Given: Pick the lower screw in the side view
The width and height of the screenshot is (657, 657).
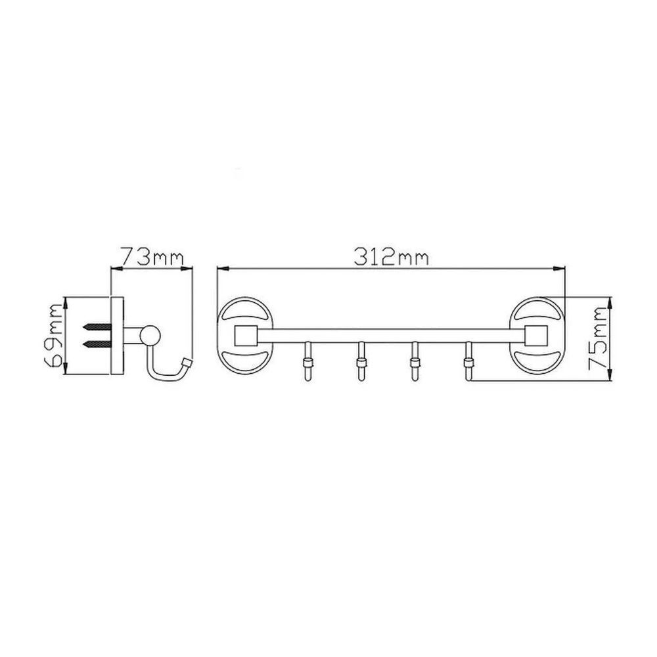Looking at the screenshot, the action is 98,344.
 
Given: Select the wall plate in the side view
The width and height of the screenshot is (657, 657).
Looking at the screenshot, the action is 117,336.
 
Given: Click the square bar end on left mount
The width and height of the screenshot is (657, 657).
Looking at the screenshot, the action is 245,335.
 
